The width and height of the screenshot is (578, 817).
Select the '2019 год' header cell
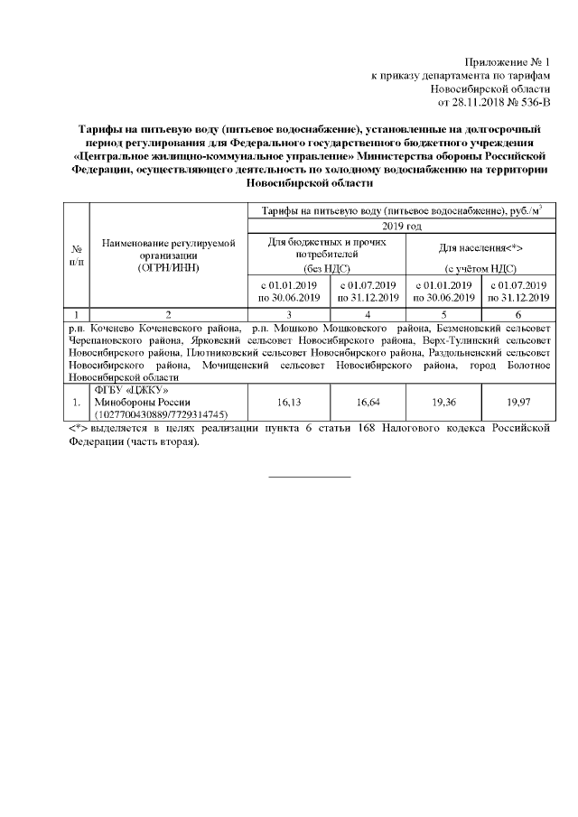[402, 226]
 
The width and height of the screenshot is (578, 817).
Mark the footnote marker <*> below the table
[78, 426]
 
